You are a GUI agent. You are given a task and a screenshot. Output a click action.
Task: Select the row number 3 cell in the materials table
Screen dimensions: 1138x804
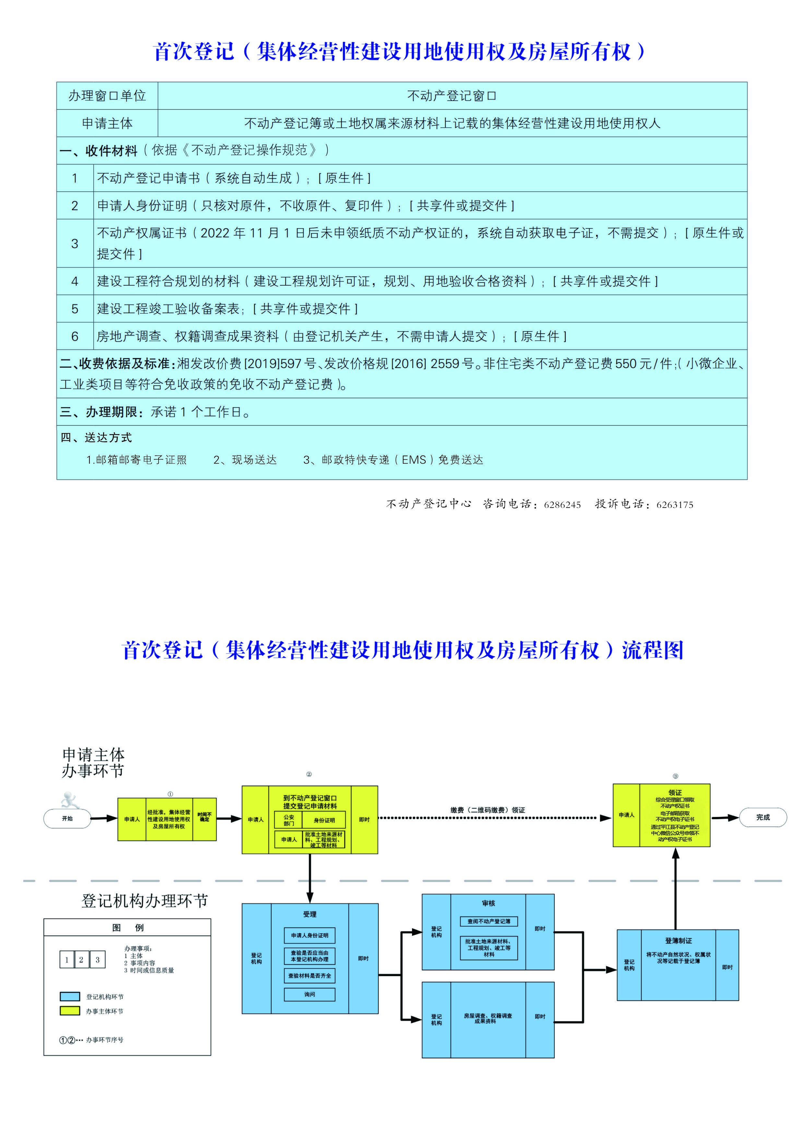[x=75, y=243]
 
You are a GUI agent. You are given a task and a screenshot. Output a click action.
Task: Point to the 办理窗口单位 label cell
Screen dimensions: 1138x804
[x=107, y=96]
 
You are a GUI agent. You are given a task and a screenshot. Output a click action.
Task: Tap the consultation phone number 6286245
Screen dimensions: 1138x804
[x=562, y=505]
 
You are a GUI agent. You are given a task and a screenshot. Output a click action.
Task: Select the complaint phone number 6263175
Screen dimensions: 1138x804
[x=675, y=505]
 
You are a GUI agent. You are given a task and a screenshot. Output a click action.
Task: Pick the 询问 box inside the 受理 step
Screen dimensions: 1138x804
[x=310, y=994]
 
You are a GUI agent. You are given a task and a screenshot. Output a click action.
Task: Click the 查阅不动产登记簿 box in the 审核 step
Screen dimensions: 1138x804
[x=489, y=921]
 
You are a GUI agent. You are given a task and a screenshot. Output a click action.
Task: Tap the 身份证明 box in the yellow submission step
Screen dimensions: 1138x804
[x=324, y=820]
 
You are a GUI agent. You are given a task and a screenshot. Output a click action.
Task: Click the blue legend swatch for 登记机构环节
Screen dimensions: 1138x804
[x=70, y=996]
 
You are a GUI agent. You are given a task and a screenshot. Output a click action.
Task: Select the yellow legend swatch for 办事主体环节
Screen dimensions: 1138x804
[x=70, y=1011]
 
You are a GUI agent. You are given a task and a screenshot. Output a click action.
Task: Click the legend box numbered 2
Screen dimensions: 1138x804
[x=81, y=960]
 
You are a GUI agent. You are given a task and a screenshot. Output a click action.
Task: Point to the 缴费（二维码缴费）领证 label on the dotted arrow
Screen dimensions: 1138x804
[x=488, y=810]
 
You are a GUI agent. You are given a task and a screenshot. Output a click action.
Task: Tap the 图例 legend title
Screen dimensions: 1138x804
[x=127, y=927]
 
